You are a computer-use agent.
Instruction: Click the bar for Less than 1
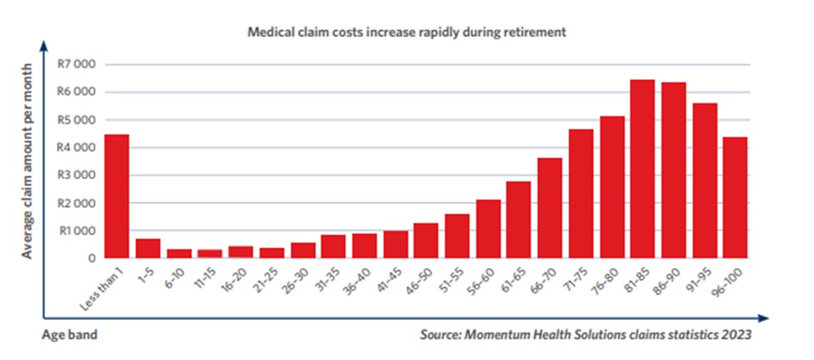click(117, 196)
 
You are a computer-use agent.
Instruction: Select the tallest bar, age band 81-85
click(643, 169)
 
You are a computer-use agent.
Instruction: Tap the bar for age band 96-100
click(736, 198)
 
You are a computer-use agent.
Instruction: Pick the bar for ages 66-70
click(550, 208)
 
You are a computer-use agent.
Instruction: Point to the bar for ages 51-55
click(457, 236)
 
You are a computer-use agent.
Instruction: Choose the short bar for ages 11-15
click(210, 254)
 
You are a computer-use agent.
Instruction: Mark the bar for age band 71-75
click(581, 194)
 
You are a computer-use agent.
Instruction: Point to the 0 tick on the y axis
click(92, 258)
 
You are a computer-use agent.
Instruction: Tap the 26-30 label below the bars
click(300, 276)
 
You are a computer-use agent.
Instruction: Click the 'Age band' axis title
click(70, 335)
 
